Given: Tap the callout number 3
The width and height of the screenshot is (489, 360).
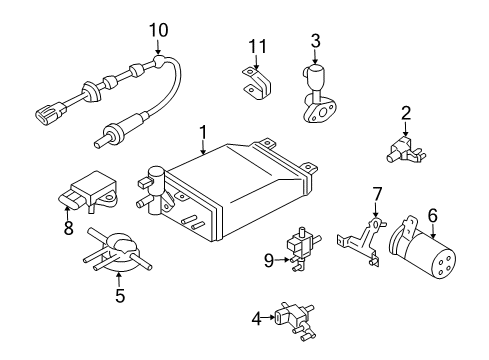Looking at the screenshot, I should click(315, 41).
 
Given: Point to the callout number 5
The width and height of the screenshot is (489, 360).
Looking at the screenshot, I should click(119, 295).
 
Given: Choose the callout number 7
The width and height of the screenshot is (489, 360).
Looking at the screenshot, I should click(377, 193).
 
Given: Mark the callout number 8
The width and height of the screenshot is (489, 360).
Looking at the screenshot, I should click(68, 228).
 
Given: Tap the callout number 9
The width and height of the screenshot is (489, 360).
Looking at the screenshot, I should click(269, 262).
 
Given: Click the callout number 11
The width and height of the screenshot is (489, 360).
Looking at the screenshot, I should click(256, 45).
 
